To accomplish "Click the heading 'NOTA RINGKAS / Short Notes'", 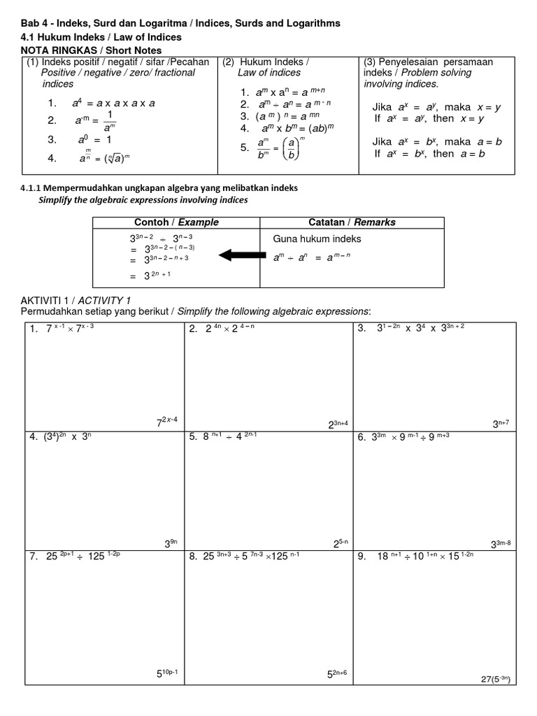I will click(x=91, y=50).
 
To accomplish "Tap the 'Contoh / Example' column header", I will click(x=176, y=222).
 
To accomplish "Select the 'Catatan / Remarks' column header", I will click(x=352, y=222).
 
